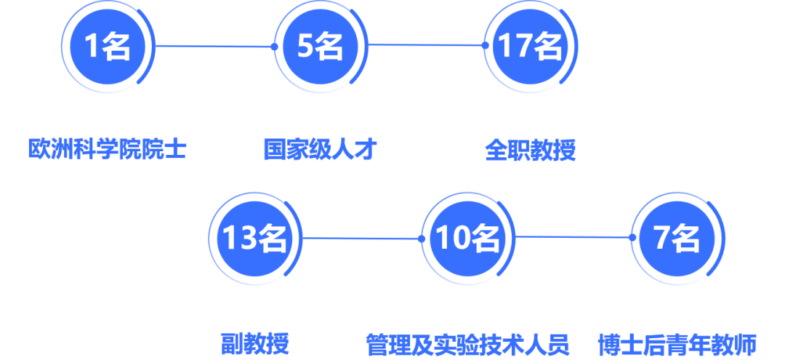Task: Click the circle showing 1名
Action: pyautogui.click(x=108, y=47)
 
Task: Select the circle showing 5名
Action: pyautogui.click(x=320, y=47)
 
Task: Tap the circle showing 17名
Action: pyautogui.click(x=529, y=47)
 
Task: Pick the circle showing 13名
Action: pyautogui.click(x=254, y=239)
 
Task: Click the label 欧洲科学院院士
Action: pyautogui.click(x=108, y=150)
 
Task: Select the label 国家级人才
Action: pyautogui.click(x=320, y=150)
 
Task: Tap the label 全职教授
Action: pyautogui.click(x=530, y=151)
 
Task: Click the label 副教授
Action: pyautogui.click(x=254, y=343)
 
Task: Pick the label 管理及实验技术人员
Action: pyautogui.click(x=467, y=343)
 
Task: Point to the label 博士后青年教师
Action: pyautogui.click(x=677, y=343)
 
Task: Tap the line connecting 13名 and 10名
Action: pyautogui.click(x=361, y=238)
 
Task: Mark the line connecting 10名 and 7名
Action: pyautogui.click(x=573, y=236)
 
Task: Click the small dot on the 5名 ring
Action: pyautogui.click(x=274, y=47)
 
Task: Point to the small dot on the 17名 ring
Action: pyautogui.click(x=485, y=45)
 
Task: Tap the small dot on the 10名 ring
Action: pyautogui.click(x=421, y=238)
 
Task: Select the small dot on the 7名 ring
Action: pyautogui.click(x=632, y=237)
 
